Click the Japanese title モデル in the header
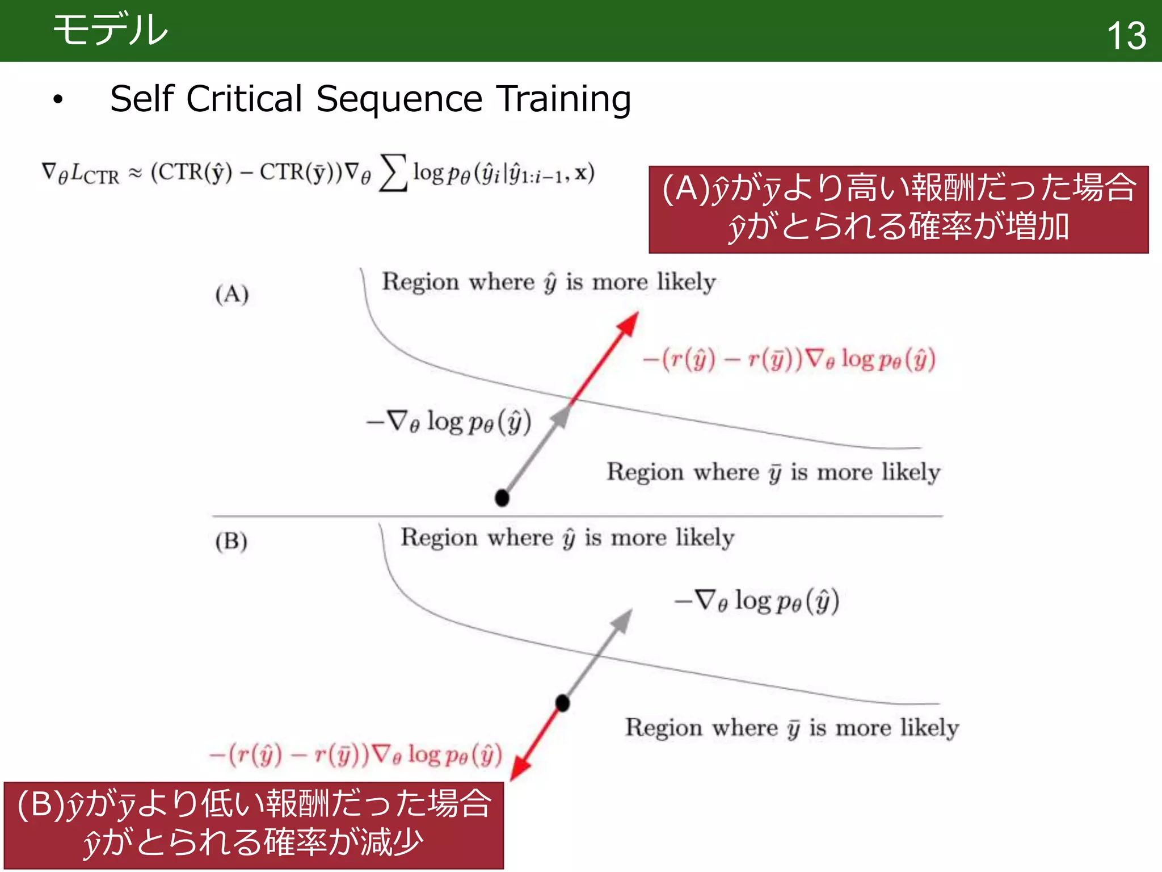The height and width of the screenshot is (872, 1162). [111, 30]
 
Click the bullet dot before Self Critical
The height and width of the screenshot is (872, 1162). [58, 100]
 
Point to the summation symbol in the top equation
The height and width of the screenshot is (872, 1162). [393, 173]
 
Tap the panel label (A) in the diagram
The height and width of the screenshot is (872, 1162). [231, 294]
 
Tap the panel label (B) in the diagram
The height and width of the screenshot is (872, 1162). [231, 540]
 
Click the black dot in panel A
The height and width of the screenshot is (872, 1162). [502, 498]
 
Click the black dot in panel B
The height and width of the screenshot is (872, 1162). [562, 703]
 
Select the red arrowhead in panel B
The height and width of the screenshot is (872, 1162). [519, 770]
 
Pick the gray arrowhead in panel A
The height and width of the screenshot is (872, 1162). [561, 417]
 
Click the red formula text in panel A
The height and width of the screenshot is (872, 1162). [789, 359]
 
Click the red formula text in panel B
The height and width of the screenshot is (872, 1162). [356, 755]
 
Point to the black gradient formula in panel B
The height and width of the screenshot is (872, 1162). [756, 601]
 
